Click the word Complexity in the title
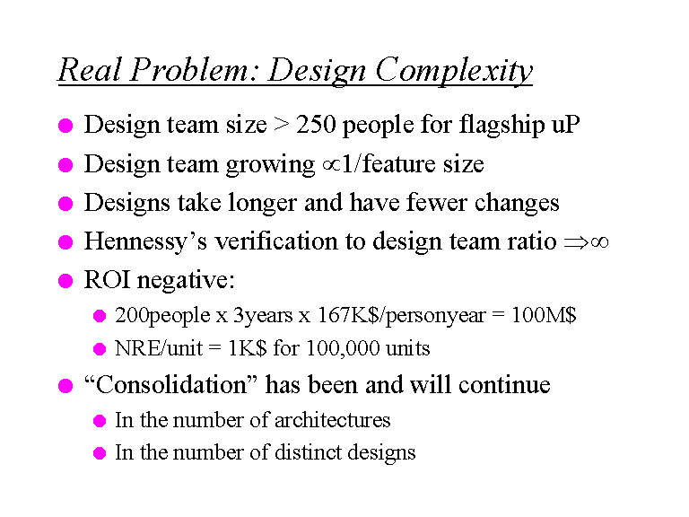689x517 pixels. pyautogui.click(x=454, y=70)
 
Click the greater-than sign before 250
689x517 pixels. pyautogui.click(x=281, y=125)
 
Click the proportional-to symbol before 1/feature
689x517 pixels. pyautogui.click(x=331, y=165)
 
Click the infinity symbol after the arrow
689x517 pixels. pyautogui.click(x=599, y=242)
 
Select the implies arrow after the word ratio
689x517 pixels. pyautogui.click(x=577, y=242)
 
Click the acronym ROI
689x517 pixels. pyautogui.click(x=107, y=280)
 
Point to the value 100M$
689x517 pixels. pyautogui.click(x=544, y=315)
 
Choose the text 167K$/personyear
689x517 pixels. pyautogui.click(x=402, y=316)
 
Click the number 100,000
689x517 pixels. pyautogui.click(x=343, y=348)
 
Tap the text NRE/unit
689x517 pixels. pyautogui.click(x=159, y=348)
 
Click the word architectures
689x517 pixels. pyautogui.click(x=332, y=420)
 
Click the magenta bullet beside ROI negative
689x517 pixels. pyautogui.click(x=65, y=280)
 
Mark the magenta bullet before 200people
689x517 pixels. pyautogui.click(x=100, y=316)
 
